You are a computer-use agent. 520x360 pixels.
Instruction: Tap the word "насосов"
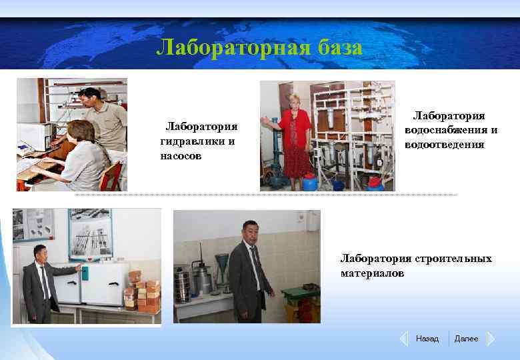[182, 156]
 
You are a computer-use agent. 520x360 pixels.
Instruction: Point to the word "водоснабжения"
[451, 130]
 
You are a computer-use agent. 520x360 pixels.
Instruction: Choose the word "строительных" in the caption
[453, 259]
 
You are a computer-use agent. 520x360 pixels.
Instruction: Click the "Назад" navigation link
[427, 339]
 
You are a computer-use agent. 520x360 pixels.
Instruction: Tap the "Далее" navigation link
[466, 339]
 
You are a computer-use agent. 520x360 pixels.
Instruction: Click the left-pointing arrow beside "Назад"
[403, 339]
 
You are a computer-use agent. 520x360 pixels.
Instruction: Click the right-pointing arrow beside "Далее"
[490, 339]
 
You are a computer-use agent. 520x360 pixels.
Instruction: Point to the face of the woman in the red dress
[293, 101]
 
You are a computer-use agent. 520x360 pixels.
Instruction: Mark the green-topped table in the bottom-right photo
[301, 293]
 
